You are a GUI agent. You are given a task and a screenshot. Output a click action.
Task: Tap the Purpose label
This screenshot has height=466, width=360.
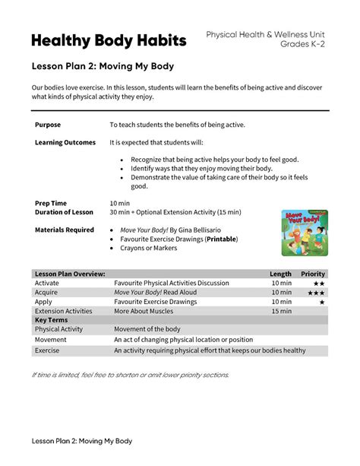(x=48, y=124)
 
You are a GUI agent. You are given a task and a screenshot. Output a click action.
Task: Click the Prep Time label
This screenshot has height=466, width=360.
(x=51, y=203)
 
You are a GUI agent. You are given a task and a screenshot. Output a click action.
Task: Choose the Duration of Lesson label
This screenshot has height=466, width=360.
(x=65, y=212)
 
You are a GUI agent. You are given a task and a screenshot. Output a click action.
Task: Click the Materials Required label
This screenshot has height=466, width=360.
(x=65, y=230)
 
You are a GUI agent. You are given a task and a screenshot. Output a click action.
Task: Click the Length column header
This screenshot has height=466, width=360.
(x=280, y=274)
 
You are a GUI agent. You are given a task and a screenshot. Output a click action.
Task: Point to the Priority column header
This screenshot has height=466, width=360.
(x=313, y=274)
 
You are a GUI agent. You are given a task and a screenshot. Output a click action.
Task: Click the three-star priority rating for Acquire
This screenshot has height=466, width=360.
(x=316, y=293)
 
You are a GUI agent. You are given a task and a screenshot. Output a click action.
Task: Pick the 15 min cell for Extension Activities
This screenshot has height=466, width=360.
(x=280, y=311)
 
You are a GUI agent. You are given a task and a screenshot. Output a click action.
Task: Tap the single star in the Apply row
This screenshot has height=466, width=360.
(x=322, y=302)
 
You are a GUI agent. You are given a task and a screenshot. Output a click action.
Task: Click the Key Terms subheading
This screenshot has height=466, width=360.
(x=52, y=320)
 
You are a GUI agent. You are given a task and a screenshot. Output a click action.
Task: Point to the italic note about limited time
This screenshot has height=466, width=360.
(x=130, y=375)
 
